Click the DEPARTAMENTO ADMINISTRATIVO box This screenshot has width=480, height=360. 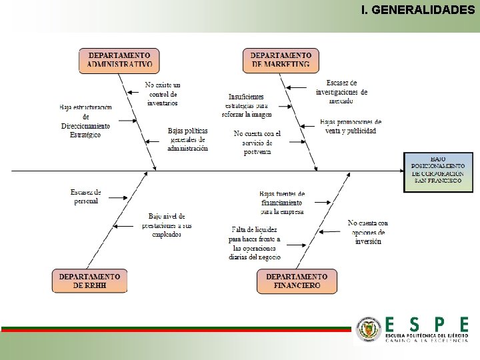coord(120,60)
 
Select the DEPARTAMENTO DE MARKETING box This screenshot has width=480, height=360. coord(280,60)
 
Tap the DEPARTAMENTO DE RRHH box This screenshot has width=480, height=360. coord(89,281)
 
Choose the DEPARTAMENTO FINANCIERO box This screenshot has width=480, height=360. coord(297,281)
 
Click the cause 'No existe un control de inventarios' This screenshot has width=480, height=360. coord(163,94)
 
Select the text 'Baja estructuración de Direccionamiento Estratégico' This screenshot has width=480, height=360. coord(85,121)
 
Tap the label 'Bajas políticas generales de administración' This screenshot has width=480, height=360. coord(188,139)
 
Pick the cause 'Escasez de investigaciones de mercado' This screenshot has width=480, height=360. coord(341,91)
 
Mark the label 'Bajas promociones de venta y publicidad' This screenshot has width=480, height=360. coord(350,127)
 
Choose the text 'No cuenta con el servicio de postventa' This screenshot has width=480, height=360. coord(257,143)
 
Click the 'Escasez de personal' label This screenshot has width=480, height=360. coord(86,197)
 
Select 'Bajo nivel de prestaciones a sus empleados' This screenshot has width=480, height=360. coord(167,225)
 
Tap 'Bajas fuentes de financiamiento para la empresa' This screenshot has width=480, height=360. coord(281,203)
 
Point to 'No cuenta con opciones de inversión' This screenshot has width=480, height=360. coord(368,232)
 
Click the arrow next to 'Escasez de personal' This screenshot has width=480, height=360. coord(117,197)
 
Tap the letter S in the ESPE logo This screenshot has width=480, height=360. coord(414,325)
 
